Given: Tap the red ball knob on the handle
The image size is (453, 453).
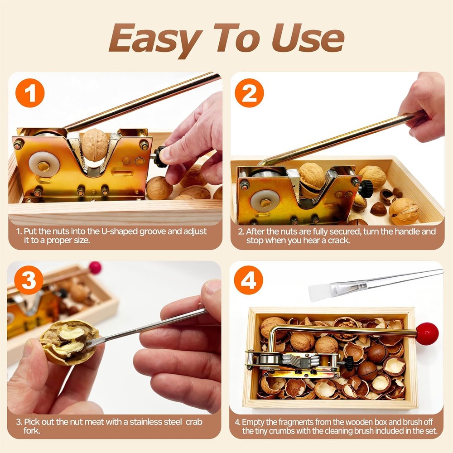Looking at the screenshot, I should [x=427, y=334].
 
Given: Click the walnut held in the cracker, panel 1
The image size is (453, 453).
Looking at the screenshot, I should [x=95, y=144].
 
